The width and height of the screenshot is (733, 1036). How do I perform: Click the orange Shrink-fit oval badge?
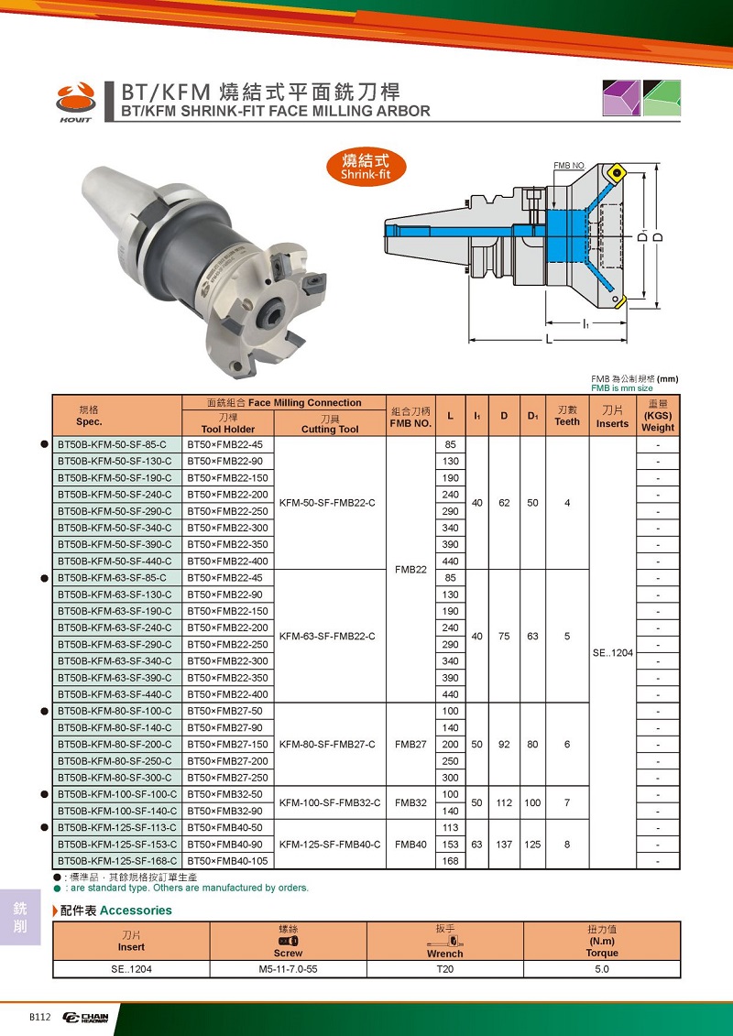365,167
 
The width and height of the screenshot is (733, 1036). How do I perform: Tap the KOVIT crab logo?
76,102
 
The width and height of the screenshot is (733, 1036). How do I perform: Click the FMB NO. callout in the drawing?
569,165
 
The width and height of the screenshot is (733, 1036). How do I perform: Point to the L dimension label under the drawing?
549,340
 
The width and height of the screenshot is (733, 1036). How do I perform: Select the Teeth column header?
567,416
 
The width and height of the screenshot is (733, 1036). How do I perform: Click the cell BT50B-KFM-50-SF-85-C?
113,444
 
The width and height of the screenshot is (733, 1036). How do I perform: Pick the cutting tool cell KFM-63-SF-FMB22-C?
327,637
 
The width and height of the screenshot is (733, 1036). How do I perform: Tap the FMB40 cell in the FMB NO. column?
410,845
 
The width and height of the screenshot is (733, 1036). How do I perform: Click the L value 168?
450,861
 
